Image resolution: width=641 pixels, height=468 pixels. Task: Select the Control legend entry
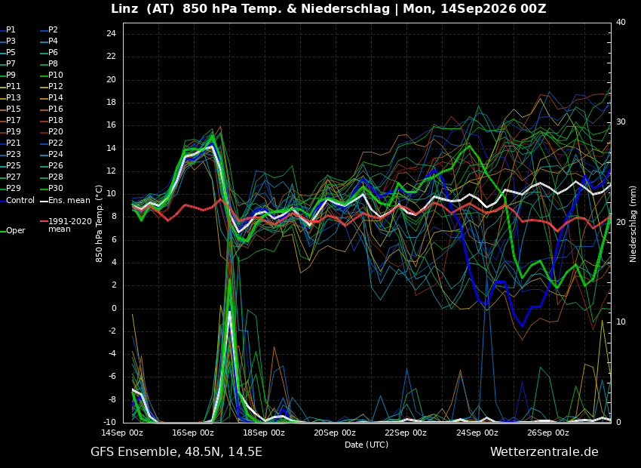click(17, 201)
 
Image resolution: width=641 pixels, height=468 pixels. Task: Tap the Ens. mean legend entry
click(65, 201)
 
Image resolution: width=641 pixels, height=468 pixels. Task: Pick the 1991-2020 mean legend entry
click(66, 225)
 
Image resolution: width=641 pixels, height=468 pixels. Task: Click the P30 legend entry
click(52, 188)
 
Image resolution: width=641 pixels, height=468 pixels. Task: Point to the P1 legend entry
click(8, 30)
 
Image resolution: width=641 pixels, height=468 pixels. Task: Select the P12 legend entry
click(52, 86)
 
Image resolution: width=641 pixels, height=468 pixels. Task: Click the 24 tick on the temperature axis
click(111, 33)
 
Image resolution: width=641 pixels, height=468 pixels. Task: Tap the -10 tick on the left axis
click(109, 422)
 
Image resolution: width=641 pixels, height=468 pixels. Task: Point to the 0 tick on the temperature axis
click(114, 308)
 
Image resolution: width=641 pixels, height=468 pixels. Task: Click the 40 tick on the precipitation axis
click(621, 22)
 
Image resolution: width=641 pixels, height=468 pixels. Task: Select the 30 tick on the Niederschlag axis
click(621, 122)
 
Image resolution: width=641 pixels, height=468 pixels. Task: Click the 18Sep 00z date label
click(264, 433)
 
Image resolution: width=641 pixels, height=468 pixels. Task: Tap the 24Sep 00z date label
click(477, 433)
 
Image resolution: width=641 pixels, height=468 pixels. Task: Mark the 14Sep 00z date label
click(122, 433)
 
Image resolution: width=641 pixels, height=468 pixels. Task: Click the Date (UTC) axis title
click(367, 445)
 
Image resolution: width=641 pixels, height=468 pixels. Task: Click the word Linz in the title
click(124, 9)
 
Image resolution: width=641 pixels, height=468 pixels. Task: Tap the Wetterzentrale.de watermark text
click(544, 452)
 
